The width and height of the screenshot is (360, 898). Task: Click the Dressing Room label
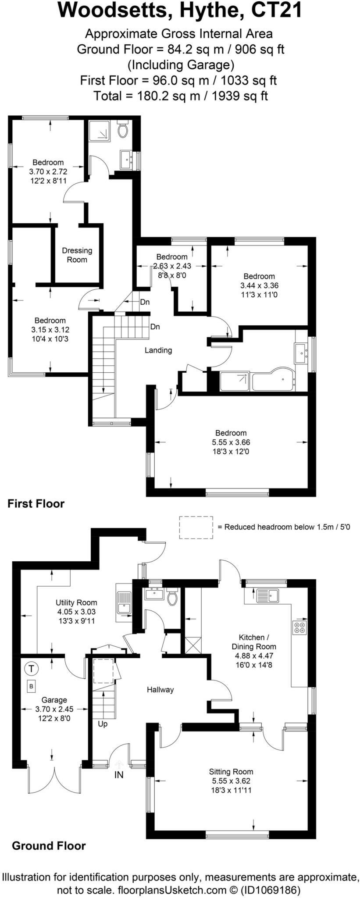[77, 255]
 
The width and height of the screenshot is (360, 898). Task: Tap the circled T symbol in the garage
[31, 669]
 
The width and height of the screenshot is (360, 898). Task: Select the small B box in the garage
[31, 686]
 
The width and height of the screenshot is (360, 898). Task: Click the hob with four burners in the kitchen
[300, 627]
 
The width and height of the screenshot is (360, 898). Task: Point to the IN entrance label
[119, 775]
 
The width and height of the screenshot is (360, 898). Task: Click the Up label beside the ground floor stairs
[103, 723]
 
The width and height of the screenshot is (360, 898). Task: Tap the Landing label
[158, 350]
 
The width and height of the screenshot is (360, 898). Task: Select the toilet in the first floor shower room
[123, 130]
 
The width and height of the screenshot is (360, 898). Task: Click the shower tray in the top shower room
[99, 130]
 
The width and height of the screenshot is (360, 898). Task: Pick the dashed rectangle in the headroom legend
[196, 527]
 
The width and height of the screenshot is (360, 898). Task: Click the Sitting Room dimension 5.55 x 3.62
[231, 781]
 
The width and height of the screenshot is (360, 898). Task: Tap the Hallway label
[160, 689]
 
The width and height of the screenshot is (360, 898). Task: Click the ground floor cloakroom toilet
[173, 597]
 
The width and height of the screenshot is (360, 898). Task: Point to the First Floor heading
[36, 503]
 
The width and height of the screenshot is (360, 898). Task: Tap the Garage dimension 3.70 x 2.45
[54, 709]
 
